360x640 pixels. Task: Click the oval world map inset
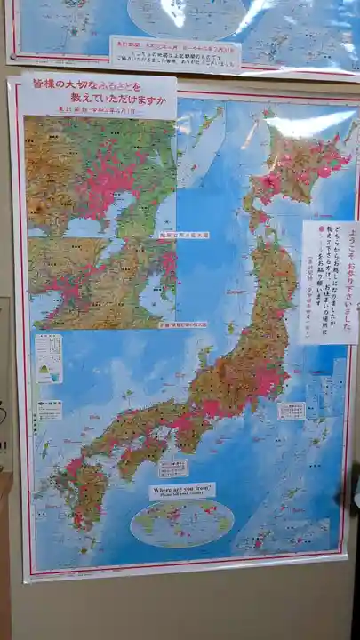pyautogui.click(x=181, y=522)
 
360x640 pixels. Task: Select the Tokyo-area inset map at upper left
pyautogui.click(x=100, y=175)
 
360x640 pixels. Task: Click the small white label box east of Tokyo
pyautogui.click(x=291, y=411)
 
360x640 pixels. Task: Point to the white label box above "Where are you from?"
pyautogui.click(x=172, y=468)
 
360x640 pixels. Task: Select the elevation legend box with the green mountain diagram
pyautogui.click(x=48, y=358)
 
